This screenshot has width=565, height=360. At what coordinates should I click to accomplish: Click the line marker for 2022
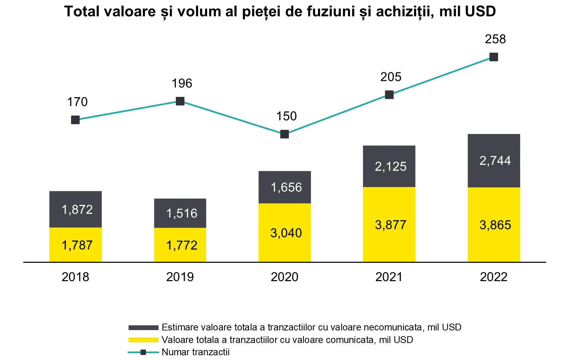tap(494, 57)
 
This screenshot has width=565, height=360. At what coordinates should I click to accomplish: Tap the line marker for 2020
tap(284, 134)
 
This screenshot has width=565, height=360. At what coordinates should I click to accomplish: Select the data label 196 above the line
tap(182, 83)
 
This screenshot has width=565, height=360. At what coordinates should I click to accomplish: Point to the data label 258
tap(495, 39)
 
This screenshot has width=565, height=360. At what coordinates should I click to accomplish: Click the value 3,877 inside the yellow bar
tap(390, 225)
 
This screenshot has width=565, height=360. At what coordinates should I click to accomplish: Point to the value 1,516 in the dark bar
tap(182, 213)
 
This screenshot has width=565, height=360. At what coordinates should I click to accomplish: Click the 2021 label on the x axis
tap(389, 277)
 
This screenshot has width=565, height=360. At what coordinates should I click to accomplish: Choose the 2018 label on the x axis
tap(76, 277)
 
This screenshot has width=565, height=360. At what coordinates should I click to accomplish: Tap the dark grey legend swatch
tap(143, 328)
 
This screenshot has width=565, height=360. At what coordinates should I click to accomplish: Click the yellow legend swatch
tap(143, 340)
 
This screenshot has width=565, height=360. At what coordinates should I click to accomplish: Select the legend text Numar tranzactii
tap(196, 352)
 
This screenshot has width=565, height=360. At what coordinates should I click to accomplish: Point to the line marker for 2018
tap(76, 120)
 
